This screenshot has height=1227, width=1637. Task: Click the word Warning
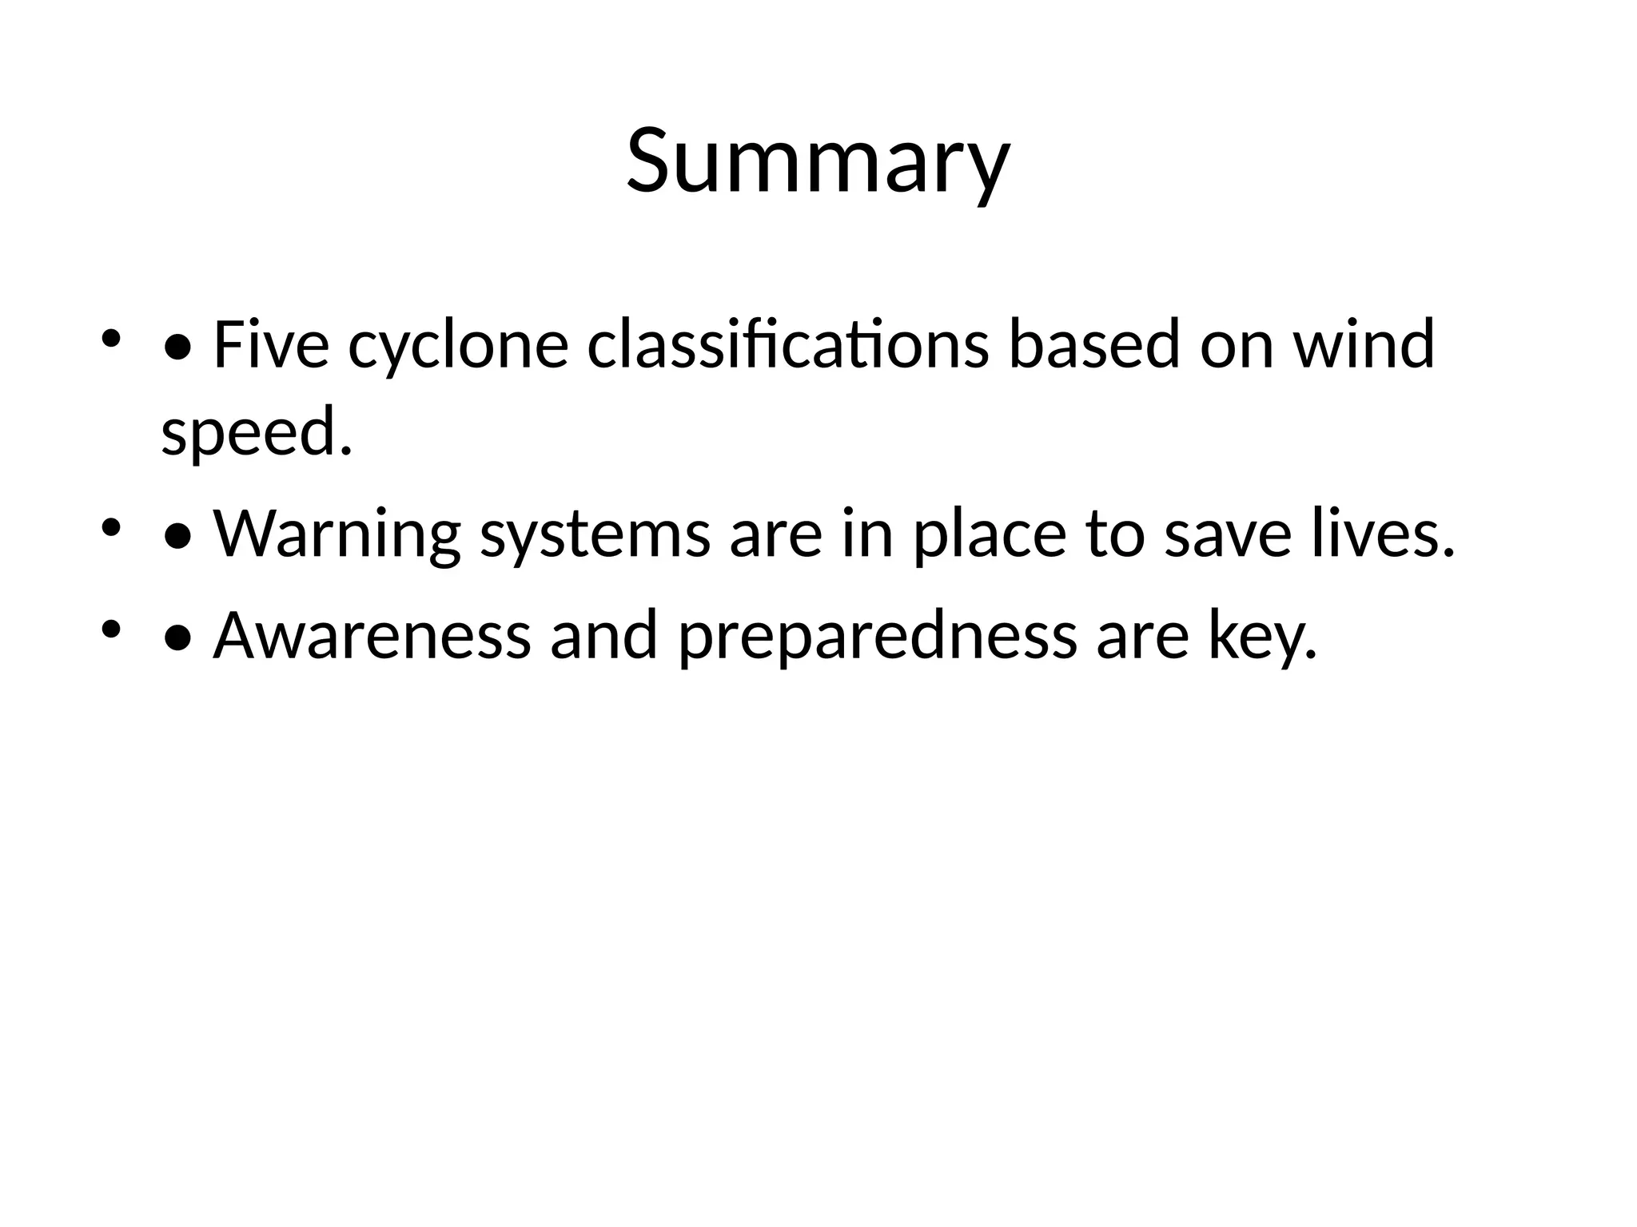[x=337, y=535]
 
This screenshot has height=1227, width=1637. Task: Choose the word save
[x=1228, y=535]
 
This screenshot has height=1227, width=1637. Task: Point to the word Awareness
[x=372, y=636]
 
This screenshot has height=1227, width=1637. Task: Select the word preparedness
[x=878, y=637]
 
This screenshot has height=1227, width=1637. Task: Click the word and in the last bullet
[x=603, y=636]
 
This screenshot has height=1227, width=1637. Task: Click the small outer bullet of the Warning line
[x=111, y=528]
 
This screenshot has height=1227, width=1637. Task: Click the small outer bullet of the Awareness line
[x=111, y=629]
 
